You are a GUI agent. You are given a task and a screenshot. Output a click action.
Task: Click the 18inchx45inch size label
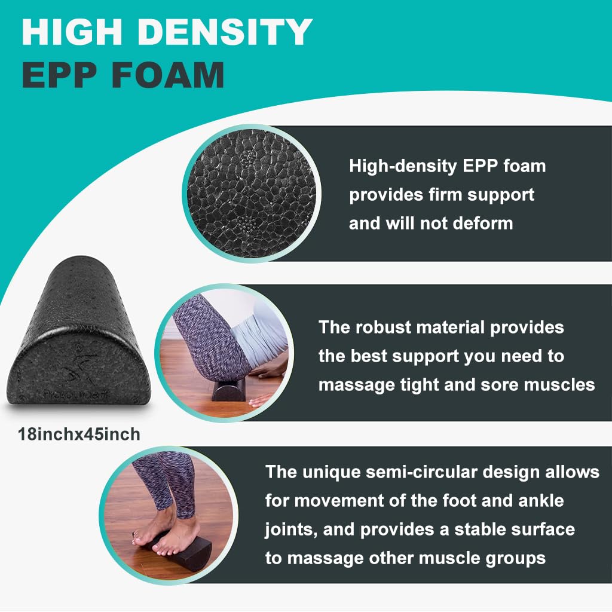point(79,433)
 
